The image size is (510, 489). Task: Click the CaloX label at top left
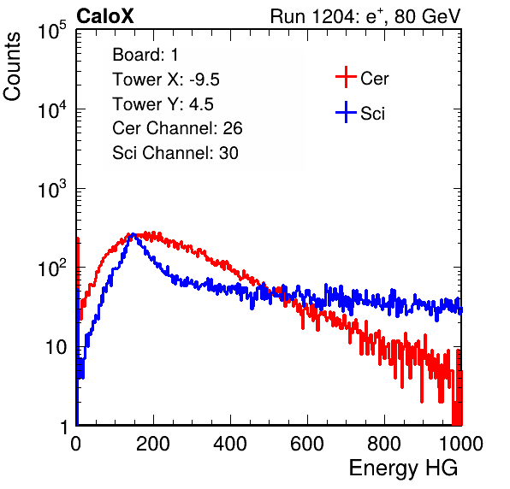pyautogui.click(x=105, y=16)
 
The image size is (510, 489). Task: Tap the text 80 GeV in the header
pyautogui.click(x=428, y=17)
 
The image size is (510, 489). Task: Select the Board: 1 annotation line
pyautogui.click(x=145, y=55)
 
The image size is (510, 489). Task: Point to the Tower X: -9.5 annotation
pyautogui.click(x=166, y=80)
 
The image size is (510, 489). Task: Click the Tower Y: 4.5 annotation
pyautogui.click(x=163, y=104)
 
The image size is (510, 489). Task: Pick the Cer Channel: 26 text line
pyautogui.click(x=177, y=128)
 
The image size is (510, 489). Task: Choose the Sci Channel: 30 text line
pyautogui.click(x=175, y=153)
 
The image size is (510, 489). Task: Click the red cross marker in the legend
pyautogui.click(x=346, y=77)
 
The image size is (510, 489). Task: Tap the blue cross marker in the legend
pyautogui.click(x=346, y=112)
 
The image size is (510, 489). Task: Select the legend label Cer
pyautogui.click(x=374, y=79)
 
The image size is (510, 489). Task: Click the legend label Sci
pyautogui.click(x=372, y=114)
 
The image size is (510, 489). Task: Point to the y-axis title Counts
pyautogui.click(x=12, y=67)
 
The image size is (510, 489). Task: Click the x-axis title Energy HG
pyautogui.click(x=403, y=468)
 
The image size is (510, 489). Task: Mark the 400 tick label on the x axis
pyautogui.click(x=230, y=444)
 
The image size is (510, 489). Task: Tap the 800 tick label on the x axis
pyautogui.click(x=384, y=444)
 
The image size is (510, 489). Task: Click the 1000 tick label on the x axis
pyautogui.click(x=461, y=444)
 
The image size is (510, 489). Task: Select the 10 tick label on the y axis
pyautogui.click(x=56, y=347)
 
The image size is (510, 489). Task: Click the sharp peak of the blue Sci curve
pyautogui.click(x=133, y=234)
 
